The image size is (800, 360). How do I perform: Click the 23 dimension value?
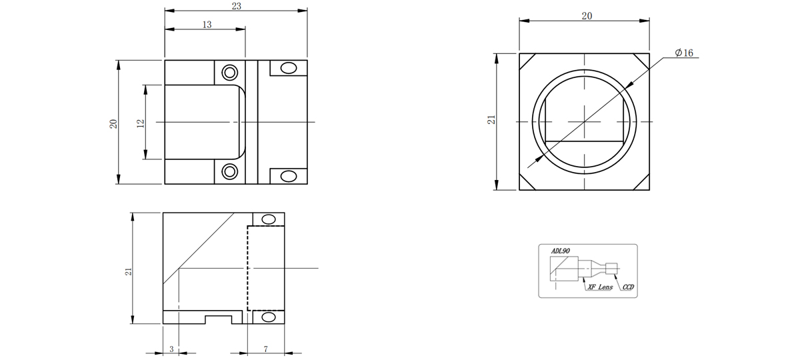[237, 6]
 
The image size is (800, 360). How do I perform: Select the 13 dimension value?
[207, 25]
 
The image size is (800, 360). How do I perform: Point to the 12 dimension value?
[141, 123]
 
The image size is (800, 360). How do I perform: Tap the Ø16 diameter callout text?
[684, 53]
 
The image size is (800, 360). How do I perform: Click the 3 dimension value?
[171, 349]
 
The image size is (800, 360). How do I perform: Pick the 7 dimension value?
[266, 349]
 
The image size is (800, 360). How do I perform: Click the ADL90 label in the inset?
[561, 251]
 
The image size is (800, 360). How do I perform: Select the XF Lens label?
[600, 287]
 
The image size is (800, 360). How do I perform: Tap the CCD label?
[628, 287]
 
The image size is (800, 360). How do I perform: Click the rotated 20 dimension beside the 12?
[113, 124]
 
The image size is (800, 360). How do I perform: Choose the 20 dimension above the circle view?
[587, 16]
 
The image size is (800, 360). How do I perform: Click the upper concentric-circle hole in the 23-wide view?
[229, 73]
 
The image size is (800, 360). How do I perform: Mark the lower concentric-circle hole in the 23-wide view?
[229, 171]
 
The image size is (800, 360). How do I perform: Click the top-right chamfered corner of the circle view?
[642, 61]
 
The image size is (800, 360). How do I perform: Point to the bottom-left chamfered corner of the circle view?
[527, 183]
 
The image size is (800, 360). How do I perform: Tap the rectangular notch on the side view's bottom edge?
[219, 319]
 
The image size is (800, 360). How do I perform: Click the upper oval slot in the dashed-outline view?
[269, 219]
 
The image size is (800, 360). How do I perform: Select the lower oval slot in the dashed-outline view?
[269, 317]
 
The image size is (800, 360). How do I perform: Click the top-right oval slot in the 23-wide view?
[289, 68]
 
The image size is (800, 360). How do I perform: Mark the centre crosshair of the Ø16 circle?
[584, 122]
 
